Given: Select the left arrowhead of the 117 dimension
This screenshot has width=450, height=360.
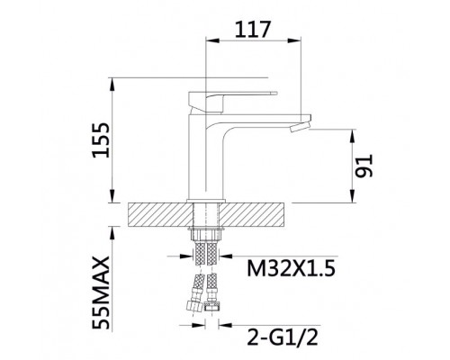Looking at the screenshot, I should pyautogui.click(x=211, y=42).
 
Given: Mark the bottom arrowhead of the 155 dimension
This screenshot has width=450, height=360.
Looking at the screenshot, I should pyautogui.click(x=113, y=200).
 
